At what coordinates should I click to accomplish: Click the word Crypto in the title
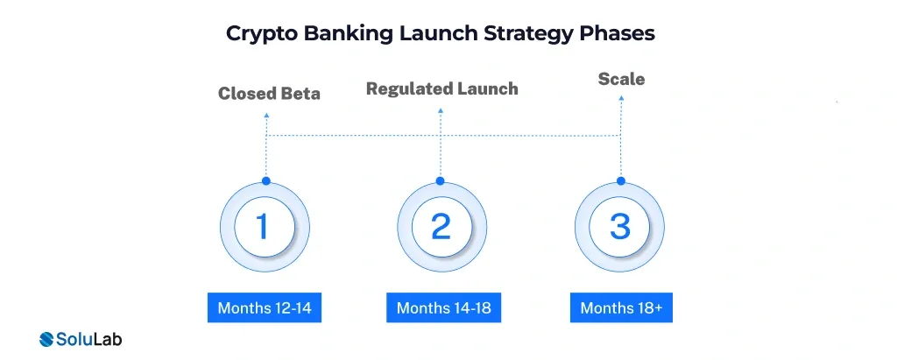click(261, 34)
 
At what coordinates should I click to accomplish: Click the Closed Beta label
click(269, 94)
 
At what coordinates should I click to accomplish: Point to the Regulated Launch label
click(442, 88)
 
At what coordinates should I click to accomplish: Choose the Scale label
click(621, 79)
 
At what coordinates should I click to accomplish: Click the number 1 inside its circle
click(263, 226)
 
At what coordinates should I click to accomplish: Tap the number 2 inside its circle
click(441, 226)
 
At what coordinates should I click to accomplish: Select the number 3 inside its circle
click(620, 226)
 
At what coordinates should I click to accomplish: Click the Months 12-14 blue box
click(265, 308)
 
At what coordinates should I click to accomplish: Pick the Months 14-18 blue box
click(443, 308)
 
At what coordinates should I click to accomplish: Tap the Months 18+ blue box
click(621, 308)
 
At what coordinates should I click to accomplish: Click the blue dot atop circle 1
click(266, 180)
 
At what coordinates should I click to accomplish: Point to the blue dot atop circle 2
click(440, 180)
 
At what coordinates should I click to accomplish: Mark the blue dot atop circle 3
click(621, 180)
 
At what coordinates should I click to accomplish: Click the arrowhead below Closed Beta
click(266, 115)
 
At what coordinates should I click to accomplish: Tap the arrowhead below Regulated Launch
click(441, 110)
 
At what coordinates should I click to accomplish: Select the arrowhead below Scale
click(621, 98)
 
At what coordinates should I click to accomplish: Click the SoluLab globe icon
click(46, 339)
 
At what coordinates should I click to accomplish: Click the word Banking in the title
click(349, 34)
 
